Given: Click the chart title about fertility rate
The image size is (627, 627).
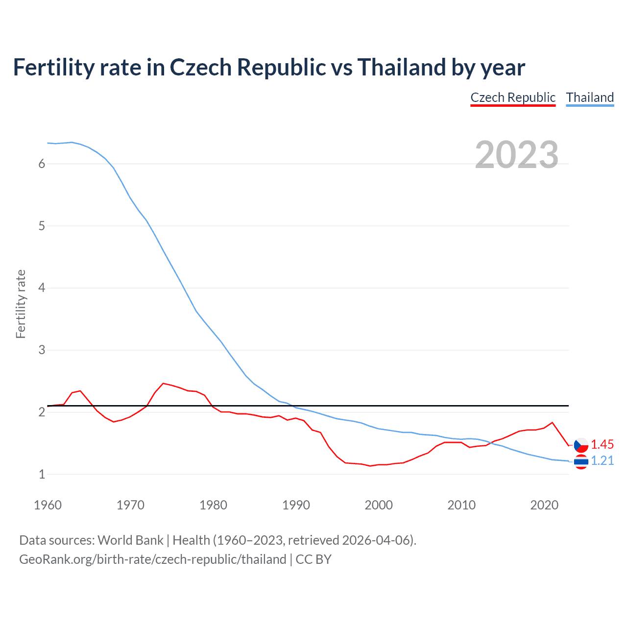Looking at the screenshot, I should [x=269, y=68].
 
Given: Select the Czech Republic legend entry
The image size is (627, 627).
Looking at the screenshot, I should [x=513, y=97].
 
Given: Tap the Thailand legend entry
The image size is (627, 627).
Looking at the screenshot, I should [x=590, y=97].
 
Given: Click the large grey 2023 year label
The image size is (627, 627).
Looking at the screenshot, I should [x=516, y=155].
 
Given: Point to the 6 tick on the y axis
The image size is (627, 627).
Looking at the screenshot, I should [x=42, y=164].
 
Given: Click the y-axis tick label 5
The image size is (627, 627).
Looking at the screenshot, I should [x=42, y=226].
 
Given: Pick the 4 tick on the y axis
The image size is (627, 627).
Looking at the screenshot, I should [x=42, y=288].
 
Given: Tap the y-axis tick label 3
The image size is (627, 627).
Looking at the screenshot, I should [x=42, y=350].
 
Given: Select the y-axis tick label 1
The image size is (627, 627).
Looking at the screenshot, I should [x=42, y=474].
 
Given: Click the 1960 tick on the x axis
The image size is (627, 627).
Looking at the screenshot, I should [x=48, y=505].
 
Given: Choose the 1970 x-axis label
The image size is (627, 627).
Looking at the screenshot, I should [x=130, y=505].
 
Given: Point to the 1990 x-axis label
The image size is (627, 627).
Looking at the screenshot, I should [x=296, y=505].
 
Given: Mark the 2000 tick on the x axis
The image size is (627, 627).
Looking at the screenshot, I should [x=379, y=505].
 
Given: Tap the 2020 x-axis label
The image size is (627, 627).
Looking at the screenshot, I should [x=544, y=505].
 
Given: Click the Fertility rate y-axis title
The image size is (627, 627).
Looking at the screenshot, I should [x=21, y=304].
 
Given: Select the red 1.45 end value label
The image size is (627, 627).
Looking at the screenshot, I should [x=602, y=444].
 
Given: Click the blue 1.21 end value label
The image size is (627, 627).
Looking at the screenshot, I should [x=602, y=461].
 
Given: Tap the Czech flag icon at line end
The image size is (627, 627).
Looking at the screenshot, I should [x=581, y=445].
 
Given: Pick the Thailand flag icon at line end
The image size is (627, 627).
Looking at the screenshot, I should [x=581, y=461].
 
